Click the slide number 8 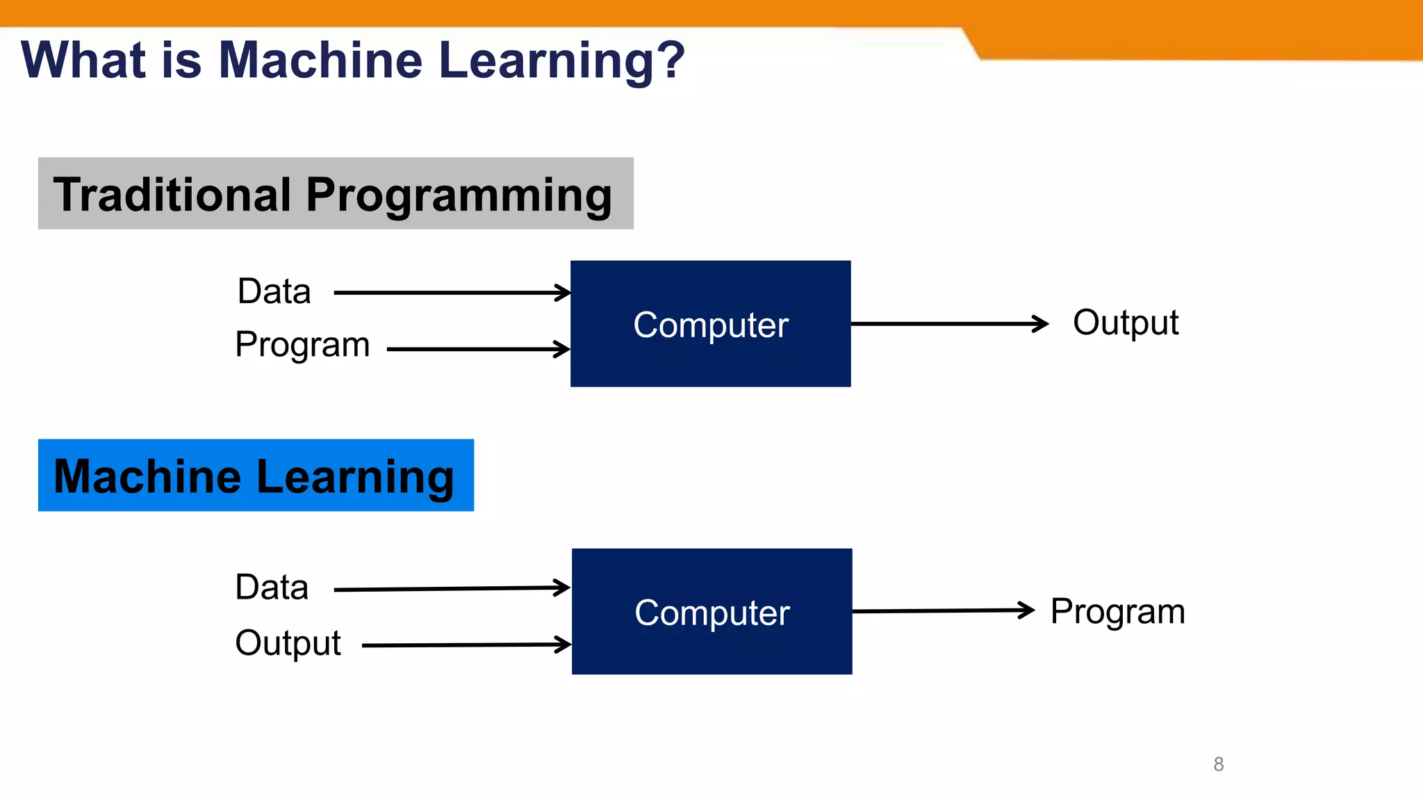point(1218,764)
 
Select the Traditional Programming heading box point(336,193)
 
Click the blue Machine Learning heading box point(256,476)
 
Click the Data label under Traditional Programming point(274,291)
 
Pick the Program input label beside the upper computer point(302,345)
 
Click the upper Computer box point(710,324)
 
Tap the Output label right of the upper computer point(1125,323)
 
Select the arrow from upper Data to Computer point(452,293)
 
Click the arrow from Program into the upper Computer point(478,349)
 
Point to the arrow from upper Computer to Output point(948,323)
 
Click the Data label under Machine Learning point(272,588)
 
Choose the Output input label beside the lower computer point(288,643)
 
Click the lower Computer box point(711,612)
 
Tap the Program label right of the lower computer point(1117,612)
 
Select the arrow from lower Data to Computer point(452,589)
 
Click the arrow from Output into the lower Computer point(466,645)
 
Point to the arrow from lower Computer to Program point(943,610)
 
